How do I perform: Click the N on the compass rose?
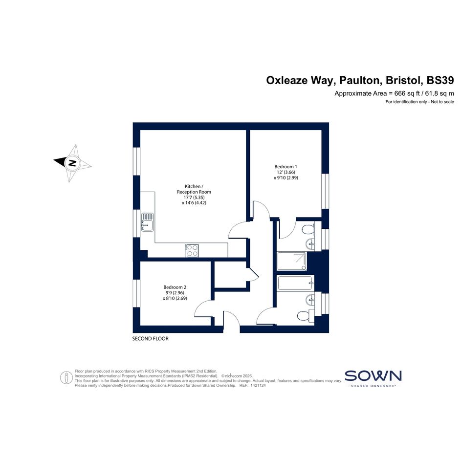pos(72,163)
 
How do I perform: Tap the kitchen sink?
pos(147,222)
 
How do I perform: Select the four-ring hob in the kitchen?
pos(192,250)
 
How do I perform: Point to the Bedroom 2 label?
pos(175,287)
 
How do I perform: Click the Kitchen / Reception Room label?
pos(194,189)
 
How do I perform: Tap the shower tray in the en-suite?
pos(292,261)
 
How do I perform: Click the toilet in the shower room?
pos(308,229)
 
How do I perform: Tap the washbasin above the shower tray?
pos(310,243)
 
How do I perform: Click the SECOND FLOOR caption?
pos(150,338)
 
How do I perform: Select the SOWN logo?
pos(373,378)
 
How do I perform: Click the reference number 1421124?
pos(258,385)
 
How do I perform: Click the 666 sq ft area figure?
pos(407,93)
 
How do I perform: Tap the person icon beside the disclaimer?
pos(66,377)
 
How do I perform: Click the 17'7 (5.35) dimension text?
pos(194,198)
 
